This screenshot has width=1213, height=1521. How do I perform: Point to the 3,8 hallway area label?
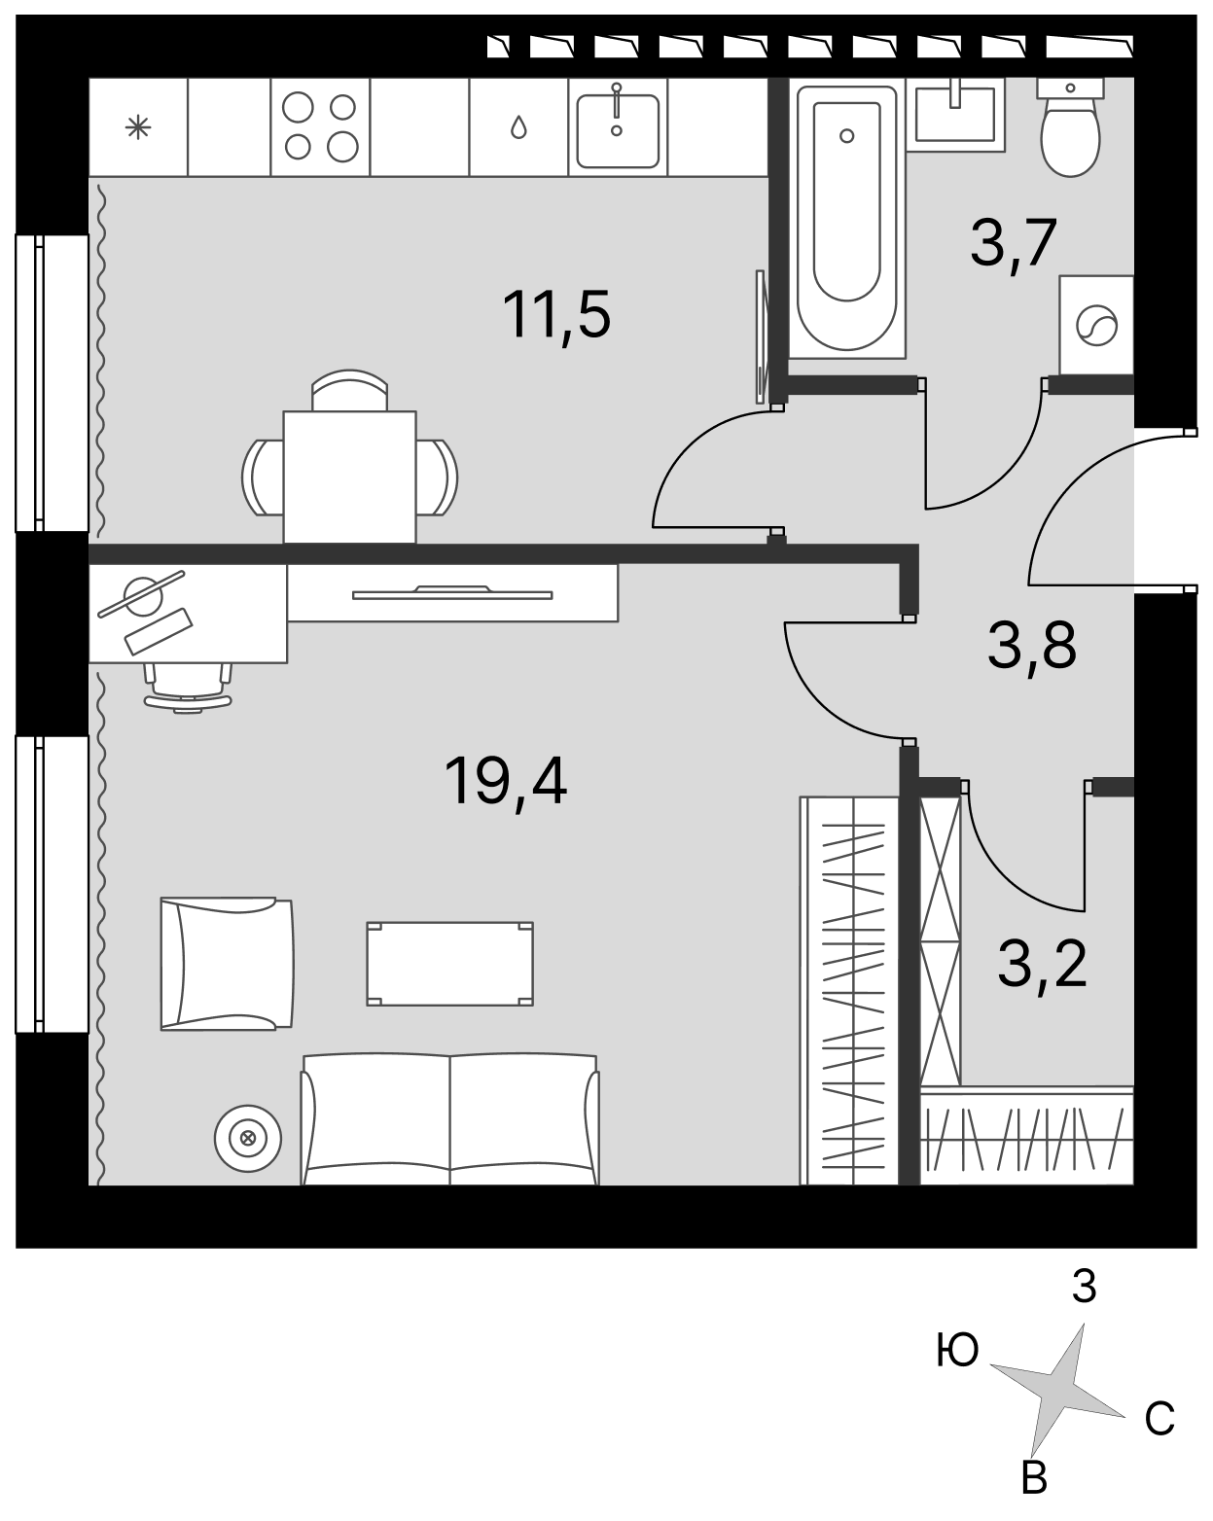click(x=1032, y=645)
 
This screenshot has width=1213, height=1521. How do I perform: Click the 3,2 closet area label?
click(x=1042, y=965)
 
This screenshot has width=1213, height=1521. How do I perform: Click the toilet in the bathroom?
click(x=1070, y=127)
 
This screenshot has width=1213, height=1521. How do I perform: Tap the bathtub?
click(x=847, y=218)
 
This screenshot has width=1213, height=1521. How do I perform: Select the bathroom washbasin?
click(x=955, y=115)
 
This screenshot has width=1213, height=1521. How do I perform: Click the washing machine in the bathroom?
click(x=1096, y=325)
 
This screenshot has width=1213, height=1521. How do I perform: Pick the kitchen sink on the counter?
click(x=617, y=127)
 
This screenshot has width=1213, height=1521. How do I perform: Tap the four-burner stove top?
click(x=320, y=127)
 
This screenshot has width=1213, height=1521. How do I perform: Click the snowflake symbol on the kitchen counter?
click(x=138, y=128)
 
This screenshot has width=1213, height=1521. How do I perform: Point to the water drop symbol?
click(x=518, y=127)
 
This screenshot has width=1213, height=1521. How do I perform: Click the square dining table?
click(x=349, y=478)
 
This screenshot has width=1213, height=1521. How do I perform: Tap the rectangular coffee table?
click(x=449, y=964)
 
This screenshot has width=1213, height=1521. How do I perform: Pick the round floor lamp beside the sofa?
click(x=247, y=1139)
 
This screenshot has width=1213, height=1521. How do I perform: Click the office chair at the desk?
click(x=188, y=688)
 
